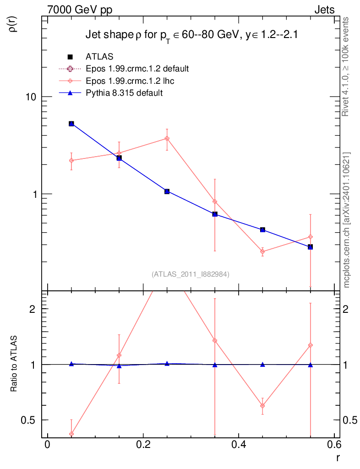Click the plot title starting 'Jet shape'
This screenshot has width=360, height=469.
point(192,36)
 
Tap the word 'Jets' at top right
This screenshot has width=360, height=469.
point(324,10)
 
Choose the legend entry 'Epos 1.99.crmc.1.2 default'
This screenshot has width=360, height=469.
point(137,69)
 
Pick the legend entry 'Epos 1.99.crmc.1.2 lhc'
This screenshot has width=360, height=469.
point(130,81)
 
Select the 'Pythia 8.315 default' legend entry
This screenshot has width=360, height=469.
point(124,93)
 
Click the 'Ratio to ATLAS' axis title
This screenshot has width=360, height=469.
point(14,364)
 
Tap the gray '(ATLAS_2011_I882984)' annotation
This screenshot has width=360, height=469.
point(191,274)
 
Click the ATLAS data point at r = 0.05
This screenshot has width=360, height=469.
point(71,124)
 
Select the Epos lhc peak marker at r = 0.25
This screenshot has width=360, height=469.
point(167,138)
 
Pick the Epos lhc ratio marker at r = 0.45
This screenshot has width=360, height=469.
point(262,406)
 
